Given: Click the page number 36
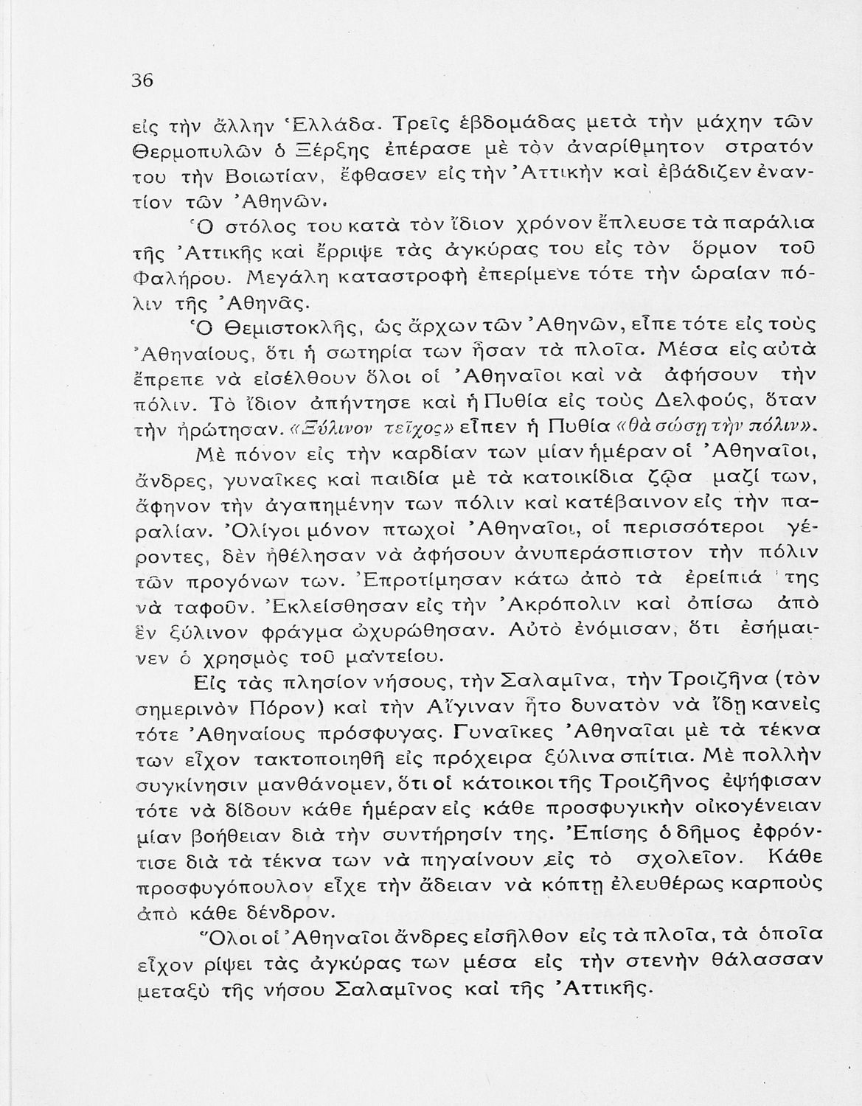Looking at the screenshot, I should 142,80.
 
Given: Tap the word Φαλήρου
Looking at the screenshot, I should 172,279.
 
